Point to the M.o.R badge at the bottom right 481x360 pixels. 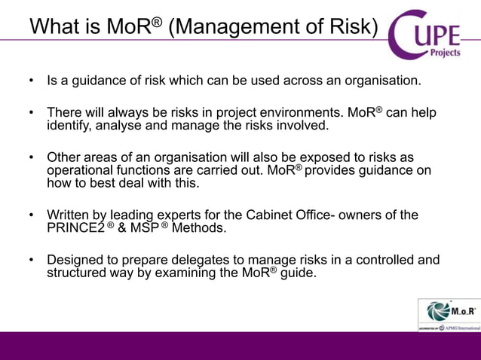pyautogui.click(x=449, y=314)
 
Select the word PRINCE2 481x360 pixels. pyautogui.click(x=75, y=229)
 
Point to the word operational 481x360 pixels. pyautogui.click(x=81, y=171)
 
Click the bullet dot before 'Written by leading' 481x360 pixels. pyautogui.click(x=32, y=216)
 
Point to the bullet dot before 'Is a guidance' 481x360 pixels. pyautogui.click(x=32, y=80)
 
